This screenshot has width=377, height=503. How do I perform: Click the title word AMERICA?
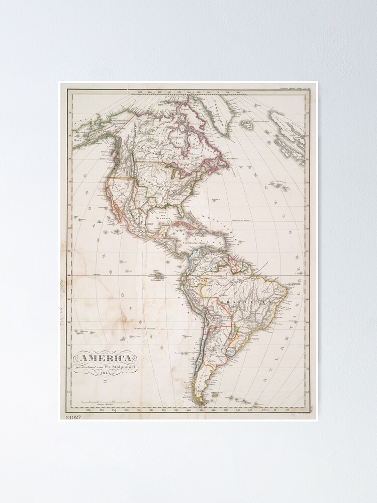105,358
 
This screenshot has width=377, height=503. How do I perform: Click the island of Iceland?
246,123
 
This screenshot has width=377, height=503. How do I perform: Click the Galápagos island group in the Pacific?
158,275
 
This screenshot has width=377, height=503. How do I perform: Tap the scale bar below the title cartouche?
106,401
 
